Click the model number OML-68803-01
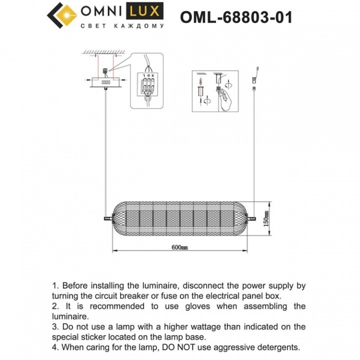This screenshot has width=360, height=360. click(x=236, y=17)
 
